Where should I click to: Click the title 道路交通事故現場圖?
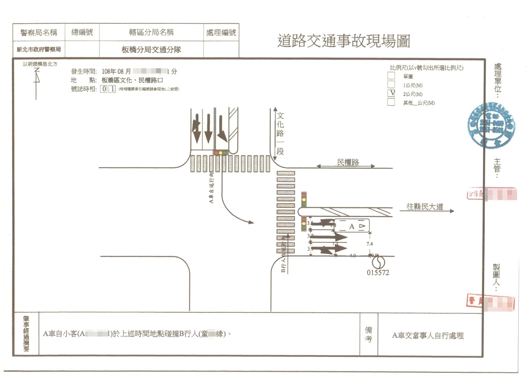344,41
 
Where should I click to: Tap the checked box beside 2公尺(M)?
391,93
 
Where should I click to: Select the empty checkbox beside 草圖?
391,76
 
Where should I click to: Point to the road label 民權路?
348,162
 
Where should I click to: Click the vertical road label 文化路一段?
280,133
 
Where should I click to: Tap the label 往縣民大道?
424,207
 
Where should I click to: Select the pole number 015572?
378,273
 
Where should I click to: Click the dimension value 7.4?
369,244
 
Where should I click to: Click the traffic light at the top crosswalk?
221,152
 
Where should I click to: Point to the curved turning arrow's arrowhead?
251,222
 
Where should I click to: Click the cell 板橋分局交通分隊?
151,49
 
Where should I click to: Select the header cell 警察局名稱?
39,32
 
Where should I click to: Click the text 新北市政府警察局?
39,49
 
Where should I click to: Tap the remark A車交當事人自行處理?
428,336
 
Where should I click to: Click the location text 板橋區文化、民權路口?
132,80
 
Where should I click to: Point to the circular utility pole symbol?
378,262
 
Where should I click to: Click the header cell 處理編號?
221,32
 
